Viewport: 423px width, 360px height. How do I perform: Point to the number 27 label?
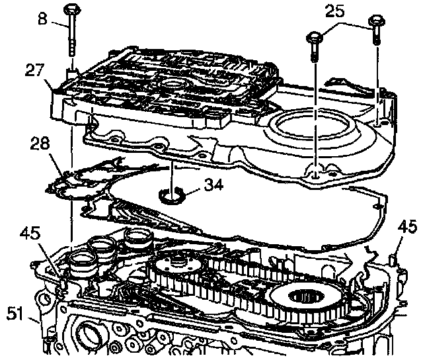[35, 69]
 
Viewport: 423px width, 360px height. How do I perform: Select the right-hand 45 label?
[407, 228]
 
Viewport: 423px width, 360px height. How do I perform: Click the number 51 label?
[16, 311]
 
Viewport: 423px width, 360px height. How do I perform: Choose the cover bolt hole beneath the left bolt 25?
[315, 173]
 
